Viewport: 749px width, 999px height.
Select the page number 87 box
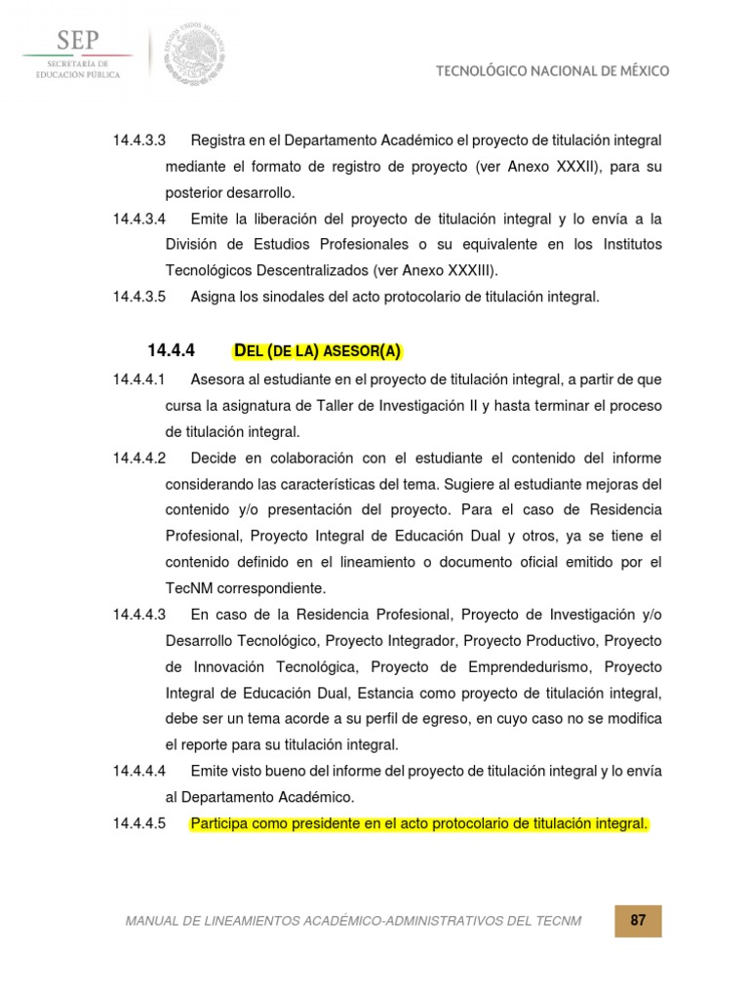point(638,921)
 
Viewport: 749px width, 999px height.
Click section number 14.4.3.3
point(139,141)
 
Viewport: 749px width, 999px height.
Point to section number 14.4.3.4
point(139,218)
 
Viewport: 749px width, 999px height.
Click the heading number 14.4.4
point(172,350)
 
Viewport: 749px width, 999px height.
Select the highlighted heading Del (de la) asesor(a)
point(318,350)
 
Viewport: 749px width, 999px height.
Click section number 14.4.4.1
point(139,379)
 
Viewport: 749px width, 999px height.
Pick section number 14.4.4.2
point(139,458)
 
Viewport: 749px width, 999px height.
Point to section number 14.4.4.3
point(139,614)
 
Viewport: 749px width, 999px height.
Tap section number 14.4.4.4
point(139,771)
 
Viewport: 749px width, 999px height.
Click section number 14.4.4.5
point(139,824)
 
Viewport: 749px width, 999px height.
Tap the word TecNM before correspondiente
point(192,588)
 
